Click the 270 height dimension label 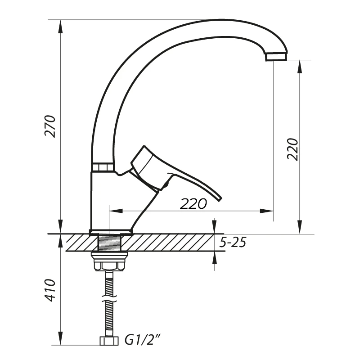point(50,126)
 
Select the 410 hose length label point(50,290)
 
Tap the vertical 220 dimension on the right point(292,149)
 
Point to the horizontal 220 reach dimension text point(193,204)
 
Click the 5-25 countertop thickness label point(233,243)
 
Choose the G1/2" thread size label point(142,340)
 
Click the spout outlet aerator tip point(276,57)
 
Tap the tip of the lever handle point(220,199)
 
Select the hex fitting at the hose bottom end point(109,341)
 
